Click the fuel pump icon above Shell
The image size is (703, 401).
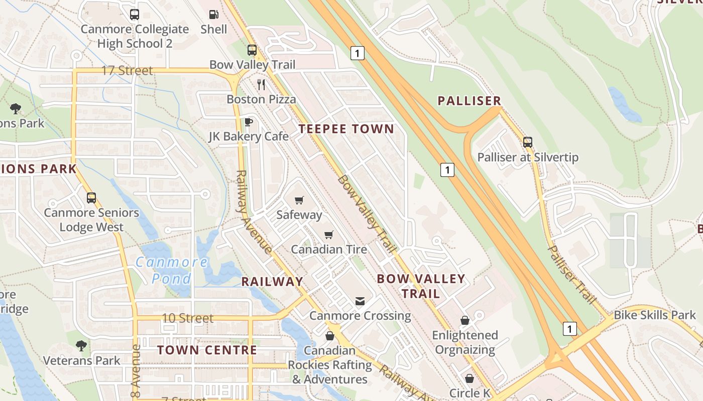[214, 15]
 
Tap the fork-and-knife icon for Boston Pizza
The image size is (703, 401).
[261, 84]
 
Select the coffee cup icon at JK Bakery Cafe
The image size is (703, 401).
[248, 122]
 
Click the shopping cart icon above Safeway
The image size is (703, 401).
[299, 200]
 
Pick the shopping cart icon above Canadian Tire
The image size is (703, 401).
[329, 235]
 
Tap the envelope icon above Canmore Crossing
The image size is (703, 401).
[360, 301]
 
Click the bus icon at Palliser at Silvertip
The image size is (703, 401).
[528, 142]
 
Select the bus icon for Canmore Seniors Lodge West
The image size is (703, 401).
[91, 198]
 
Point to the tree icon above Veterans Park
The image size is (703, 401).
[81, 345]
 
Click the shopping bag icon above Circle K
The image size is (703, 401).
[470, 378]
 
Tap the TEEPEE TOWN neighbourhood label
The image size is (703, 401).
[346, 129]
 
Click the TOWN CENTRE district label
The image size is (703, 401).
[207, 350]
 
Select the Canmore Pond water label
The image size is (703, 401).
[172, 270]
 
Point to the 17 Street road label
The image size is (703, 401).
[127, 70]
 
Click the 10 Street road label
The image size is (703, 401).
[188, 318]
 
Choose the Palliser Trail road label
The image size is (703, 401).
[571, 274]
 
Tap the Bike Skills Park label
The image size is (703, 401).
[655, 315]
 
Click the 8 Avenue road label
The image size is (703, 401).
[135, 365]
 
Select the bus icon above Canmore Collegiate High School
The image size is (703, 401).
[134, 15]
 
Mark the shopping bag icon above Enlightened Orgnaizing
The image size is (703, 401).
[465, 320]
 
